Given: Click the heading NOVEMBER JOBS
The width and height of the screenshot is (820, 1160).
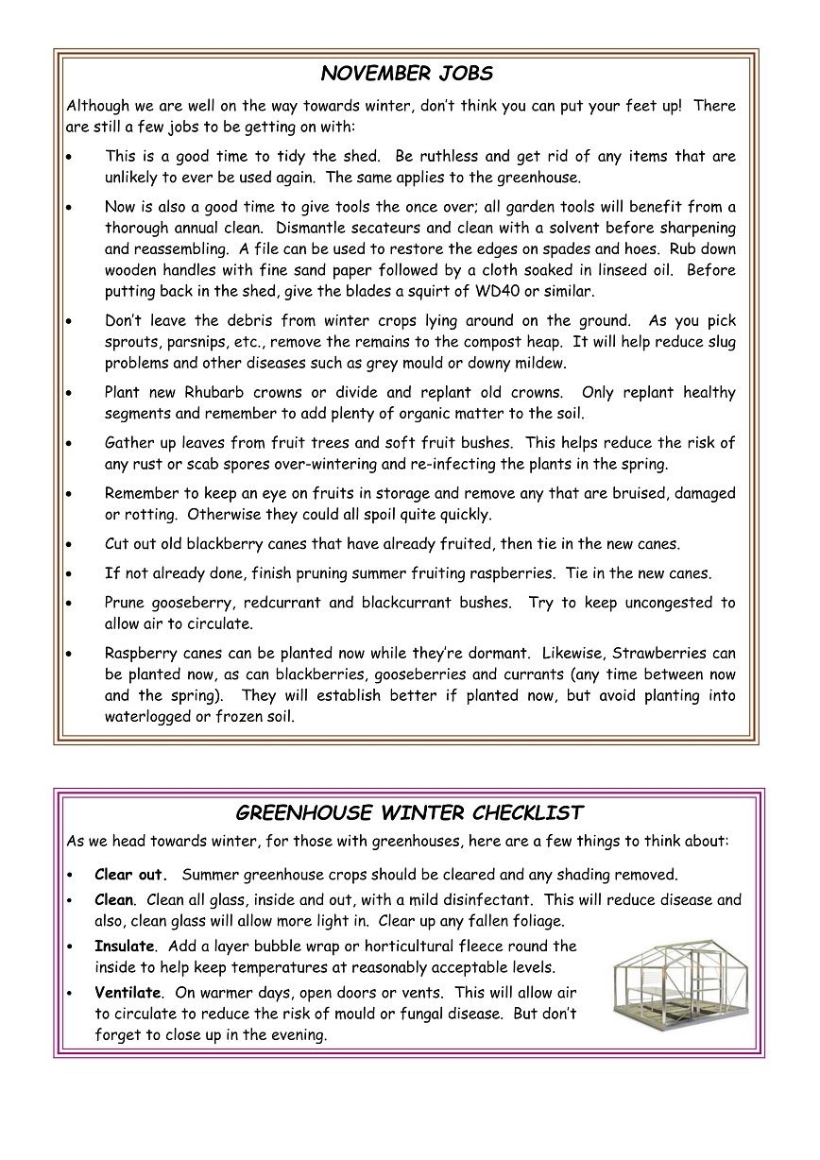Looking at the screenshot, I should click(407, 74).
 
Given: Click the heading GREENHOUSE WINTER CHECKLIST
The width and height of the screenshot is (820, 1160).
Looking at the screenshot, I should click(409, 813).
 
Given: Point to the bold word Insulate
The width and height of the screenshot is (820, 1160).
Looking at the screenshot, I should click(124, 946).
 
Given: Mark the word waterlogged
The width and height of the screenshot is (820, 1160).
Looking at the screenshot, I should click(151, 717).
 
